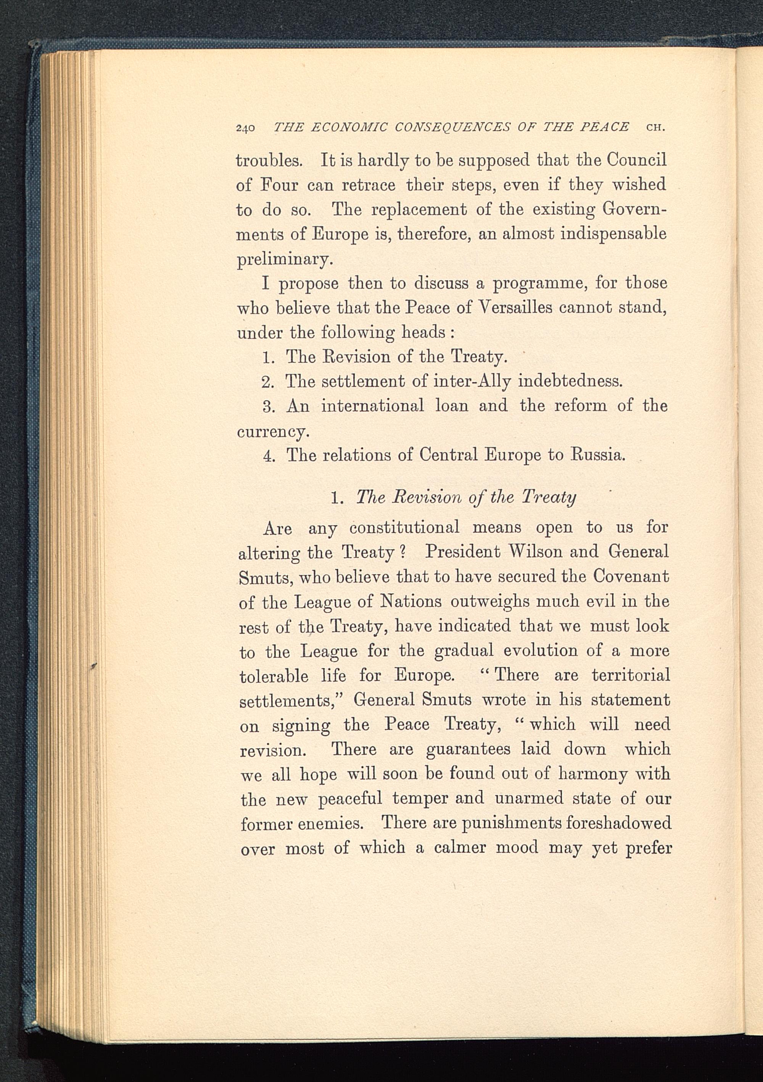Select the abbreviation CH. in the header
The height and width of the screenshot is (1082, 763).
pyautogui.click(x=656, y=127)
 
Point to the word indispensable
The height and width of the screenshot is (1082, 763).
pyautogui.click(x=613, y=234)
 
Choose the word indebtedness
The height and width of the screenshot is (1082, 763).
pyautogui.click(x=570, y=381)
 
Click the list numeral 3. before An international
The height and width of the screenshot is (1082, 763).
pyautogui.click(x=269, y=406)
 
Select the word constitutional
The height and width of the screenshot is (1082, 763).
pyautogui.click(x=404, y=527)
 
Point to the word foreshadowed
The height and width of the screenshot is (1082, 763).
pyautogui.click(x=618, y=823)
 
